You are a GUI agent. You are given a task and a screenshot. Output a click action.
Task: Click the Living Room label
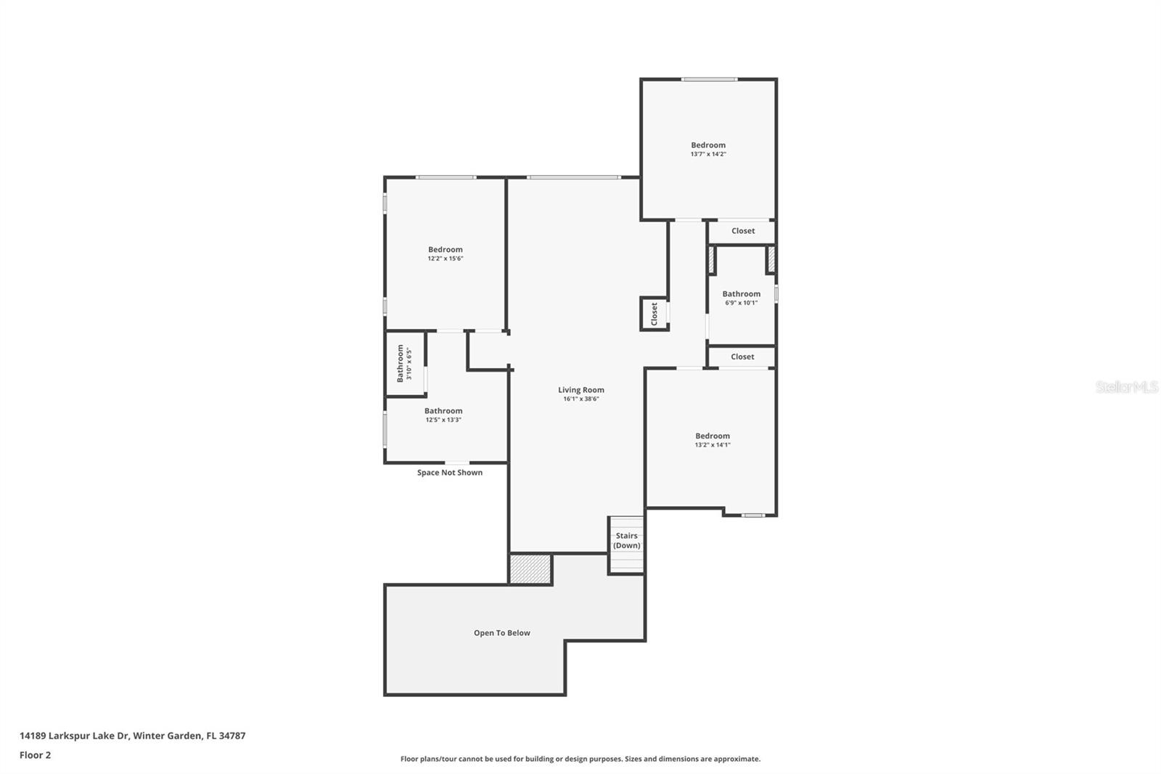580,390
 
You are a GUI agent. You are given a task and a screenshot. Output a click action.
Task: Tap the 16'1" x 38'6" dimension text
581,399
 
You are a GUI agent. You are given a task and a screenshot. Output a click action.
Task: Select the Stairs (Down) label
627,540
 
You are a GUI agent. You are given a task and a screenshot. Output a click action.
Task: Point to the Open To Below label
501,633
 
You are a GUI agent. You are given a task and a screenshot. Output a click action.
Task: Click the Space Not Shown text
449,473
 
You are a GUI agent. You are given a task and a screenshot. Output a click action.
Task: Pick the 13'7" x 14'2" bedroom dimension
708,154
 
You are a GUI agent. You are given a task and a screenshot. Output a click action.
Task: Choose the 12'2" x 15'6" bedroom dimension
446,258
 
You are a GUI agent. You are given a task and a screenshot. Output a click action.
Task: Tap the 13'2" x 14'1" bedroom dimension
712,444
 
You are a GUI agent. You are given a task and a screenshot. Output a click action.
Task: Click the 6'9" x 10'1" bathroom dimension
741,303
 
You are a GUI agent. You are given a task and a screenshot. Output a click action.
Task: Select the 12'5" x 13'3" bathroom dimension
443,420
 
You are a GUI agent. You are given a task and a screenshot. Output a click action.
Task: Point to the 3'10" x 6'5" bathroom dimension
409,364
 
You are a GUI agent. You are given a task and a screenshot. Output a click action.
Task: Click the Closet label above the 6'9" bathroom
743,231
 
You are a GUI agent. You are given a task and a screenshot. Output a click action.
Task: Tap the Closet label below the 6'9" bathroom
742,357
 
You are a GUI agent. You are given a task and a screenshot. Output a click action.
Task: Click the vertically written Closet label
654,314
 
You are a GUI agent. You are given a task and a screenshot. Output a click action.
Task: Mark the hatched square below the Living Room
530,569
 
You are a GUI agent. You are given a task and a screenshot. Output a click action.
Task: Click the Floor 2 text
36,755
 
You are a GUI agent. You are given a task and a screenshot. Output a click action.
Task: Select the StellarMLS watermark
1127,386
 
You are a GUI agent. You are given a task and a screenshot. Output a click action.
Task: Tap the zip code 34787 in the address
232,736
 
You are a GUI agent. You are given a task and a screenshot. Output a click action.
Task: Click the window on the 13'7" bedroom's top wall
709,79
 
